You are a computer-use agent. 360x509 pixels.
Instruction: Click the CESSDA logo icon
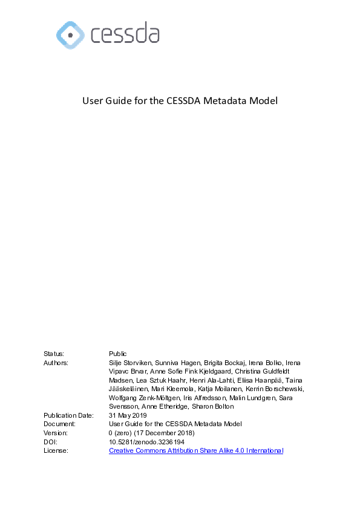click(x=70, y=34)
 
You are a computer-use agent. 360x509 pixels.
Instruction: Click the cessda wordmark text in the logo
click(x=125, y=34)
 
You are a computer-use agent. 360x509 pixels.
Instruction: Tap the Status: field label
click(x=53, y=354)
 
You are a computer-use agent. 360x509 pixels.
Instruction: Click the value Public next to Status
click(x=117, y=354)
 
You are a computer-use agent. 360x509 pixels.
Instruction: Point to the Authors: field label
click(x=56, y=363)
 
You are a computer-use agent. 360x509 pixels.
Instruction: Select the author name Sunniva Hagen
click(x=178, y=363)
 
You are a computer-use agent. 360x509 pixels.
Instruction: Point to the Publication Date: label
click(x=68, y=415)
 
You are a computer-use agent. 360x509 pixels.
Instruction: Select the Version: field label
click(x=56, y=433)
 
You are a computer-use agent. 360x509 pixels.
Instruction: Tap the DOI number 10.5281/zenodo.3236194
click(x=146, y=442)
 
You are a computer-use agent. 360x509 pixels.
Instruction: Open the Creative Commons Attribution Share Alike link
click(x=195, y=450)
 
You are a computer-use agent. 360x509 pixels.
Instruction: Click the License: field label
click(x=56, y=450)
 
